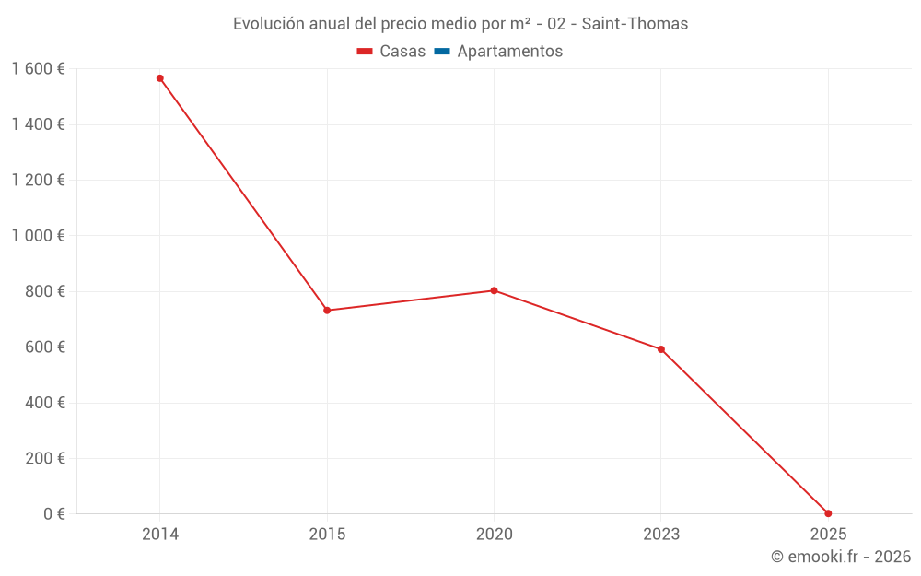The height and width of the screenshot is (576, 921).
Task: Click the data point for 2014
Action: (x=160, y=78)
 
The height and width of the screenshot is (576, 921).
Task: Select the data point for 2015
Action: (x=327, y=310)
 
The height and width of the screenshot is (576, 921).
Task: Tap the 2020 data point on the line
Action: (x=494, y=290)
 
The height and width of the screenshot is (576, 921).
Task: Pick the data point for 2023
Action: (x=661, y=349)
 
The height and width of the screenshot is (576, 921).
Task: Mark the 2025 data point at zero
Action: (x=828, y=513)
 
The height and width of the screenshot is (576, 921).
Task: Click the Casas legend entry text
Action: (x=402, y=52)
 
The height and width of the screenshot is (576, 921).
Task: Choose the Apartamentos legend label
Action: (x=509, y=52)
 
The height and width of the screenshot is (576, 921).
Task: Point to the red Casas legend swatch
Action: (x=365, y=52)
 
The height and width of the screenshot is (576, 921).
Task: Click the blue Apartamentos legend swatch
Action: (x=442, y=52)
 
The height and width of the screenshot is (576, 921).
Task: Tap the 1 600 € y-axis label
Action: (x=38, y=69)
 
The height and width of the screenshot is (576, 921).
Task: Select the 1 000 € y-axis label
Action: (x=38, y=236)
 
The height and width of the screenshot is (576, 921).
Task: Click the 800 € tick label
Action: (x=43, y=291)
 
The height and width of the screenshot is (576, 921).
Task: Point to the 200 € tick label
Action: (x=43, y=458)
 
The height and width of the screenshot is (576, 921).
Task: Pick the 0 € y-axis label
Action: (x=54, y=513)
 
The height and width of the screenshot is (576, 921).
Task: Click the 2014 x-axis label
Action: (x=160, y=534)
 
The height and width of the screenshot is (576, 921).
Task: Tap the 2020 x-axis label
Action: (x=494, y=534)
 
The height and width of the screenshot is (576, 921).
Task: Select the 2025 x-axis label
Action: (x=828, y=534)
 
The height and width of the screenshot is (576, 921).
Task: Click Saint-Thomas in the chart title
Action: (x=635, y=24)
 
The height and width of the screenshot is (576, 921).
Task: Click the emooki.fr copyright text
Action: (x=841, y=557)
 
